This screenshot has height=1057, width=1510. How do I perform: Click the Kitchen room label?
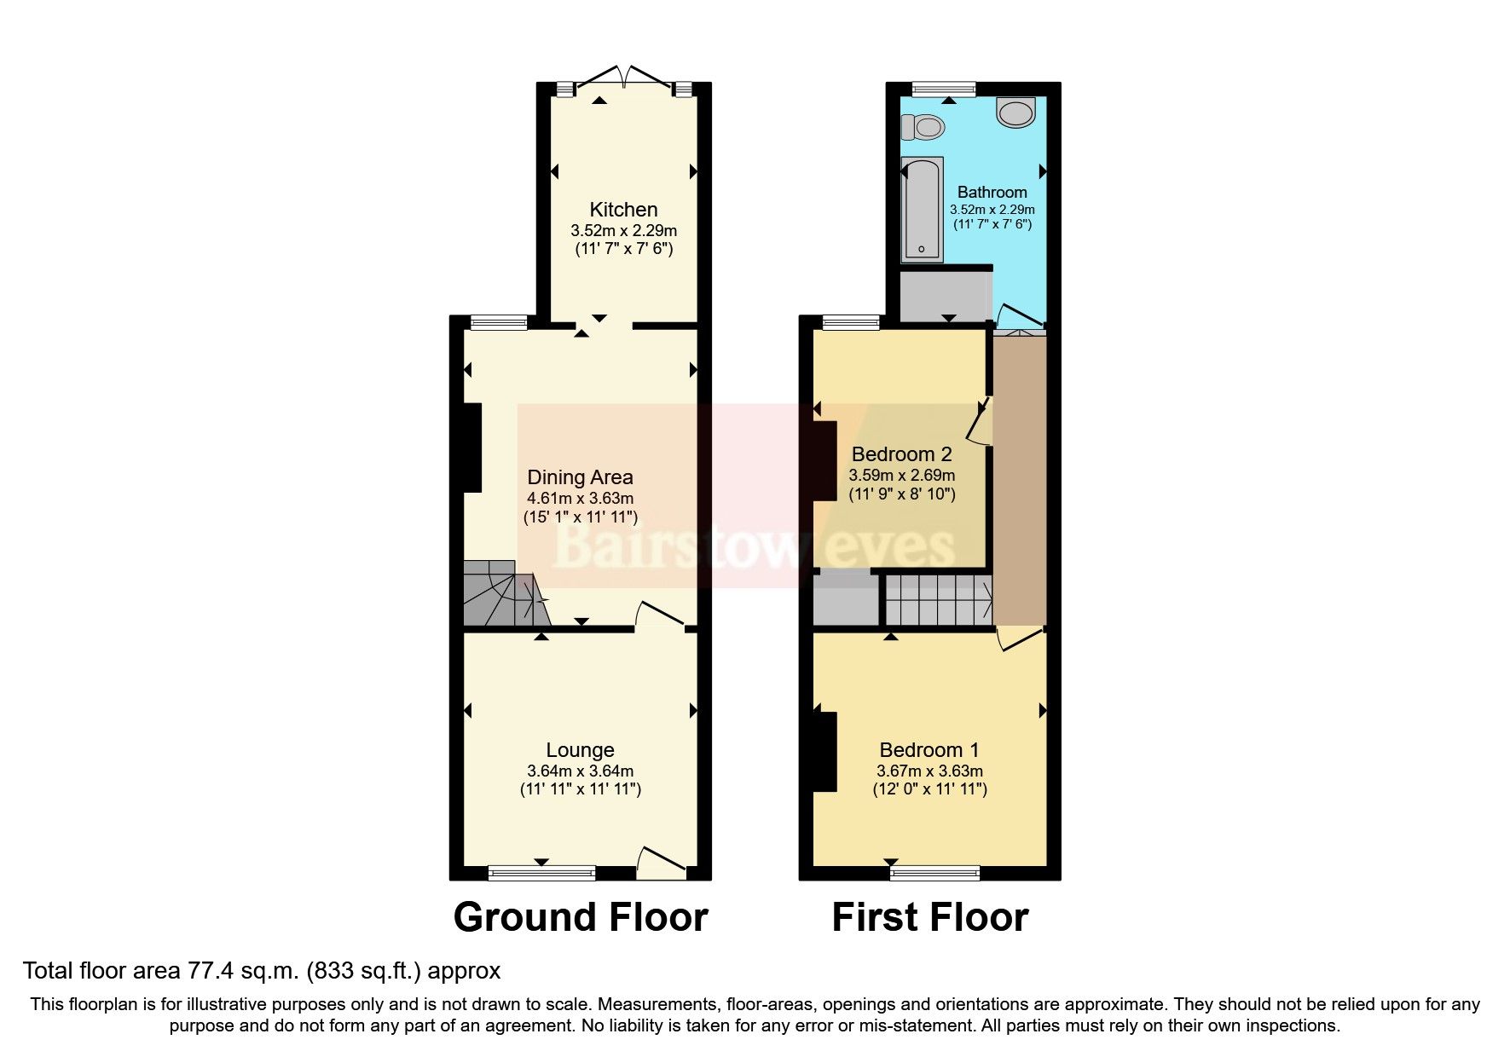[x=623, y=210]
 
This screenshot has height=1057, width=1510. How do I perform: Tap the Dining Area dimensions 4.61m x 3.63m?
[x=580, y=499]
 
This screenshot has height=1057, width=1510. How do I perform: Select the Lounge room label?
[x=580, y=750]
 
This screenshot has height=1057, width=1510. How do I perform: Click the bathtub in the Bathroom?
[x=922, y=210]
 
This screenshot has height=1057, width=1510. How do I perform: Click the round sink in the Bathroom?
[x=1015, y=113]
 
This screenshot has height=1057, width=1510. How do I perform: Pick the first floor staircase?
[x=938, y=600]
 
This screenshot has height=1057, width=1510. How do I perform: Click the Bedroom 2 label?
[x=901, y=454]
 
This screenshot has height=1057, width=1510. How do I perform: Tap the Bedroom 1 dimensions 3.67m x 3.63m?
[x=929, y=771]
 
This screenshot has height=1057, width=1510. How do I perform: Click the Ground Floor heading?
[x=580, y=918]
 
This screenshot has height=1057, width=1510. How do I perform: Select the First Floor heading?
[x=929, y=918]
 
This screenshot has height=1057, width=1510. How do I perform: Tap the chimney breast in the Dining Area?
[x=472, y=448]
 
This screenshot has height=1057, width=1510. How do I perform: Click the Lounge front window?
[x=541, y=872]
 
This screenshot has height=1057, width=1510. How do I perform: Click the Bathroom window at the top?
[x=943, y=87]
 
